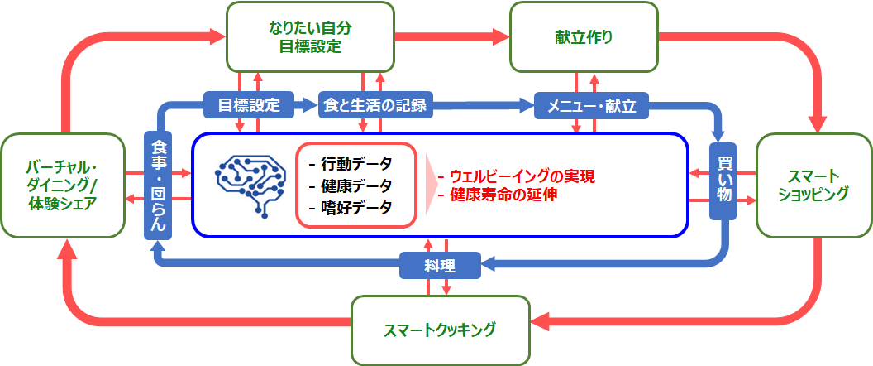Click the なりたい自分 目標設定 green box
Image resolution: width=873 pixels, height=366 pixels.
coord(310,36)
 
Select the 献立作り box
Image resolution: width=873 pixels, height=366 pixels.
coord(584,36)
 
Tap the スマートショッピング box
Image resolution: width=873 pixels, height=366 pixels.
coord(813,185)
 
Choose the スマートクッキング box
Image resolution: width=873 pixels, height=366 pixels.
coord(439,330)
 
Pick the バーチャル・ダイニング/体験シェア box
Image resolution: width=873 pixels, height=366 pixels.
coord(62,185)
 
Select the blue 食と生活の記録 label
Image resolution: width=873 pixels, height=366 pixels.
coord(376,105)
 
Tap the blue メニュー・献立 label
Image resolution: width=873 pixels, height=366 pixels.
coord(591,105)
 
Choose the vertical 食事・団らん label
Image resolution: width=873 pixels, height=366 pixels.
coord(158,185)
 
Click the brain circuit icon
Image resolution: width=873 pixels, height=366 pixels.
coord(250,184)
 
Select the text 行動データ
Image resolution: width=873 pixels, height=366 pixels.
coord(349,164)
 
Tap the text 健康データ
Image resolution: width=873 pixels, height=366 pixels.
coord(349,185)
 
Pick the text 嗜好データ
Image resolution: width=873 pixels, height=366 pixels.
coord(349,207)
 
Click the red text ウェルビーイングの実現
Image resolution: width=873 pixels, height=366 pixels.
coord(516,177)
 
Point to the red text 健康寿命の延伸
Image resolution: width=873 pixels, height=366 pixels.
coord(497,195)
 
